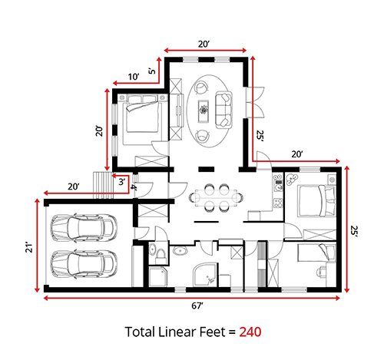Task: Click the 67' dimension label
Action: click(197, 306)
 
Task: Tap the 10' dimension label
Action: click(134, 77)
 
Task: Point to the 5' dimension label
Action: click(152, 71)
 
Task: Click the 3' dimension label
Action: click(121, 181)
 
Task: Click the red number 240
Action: click(251, 333)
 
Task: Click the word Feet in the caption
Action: click(218, 333)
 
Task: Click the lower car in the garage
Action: click(80, 263)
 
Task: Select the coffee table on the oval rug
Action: click(204, 109)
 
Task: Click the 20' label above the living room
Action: click(204, 45)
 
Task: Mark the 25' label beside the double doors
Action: click(261, 136)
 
